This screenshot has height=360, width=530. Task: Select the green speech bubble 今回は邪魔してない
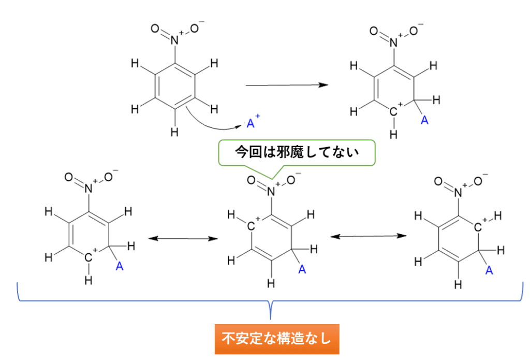point(297,152)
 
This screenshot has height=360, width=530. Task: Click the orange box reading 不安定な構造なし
point(277,339)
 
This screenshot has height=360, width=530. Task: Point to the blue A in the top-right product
point(424,121)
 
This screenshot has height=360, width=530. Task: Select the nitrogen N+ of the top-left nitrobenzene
point(175,37)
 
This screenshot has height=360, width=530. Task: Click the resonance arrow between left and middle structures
point(182,238)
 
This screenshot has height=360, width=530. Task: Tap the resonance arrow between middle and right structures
point(368,236)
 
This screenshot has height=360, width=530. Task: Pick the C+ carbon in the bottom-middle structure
point(252,226)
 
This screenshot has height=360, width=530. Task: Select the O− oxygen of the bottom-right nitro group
point(477,181)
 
